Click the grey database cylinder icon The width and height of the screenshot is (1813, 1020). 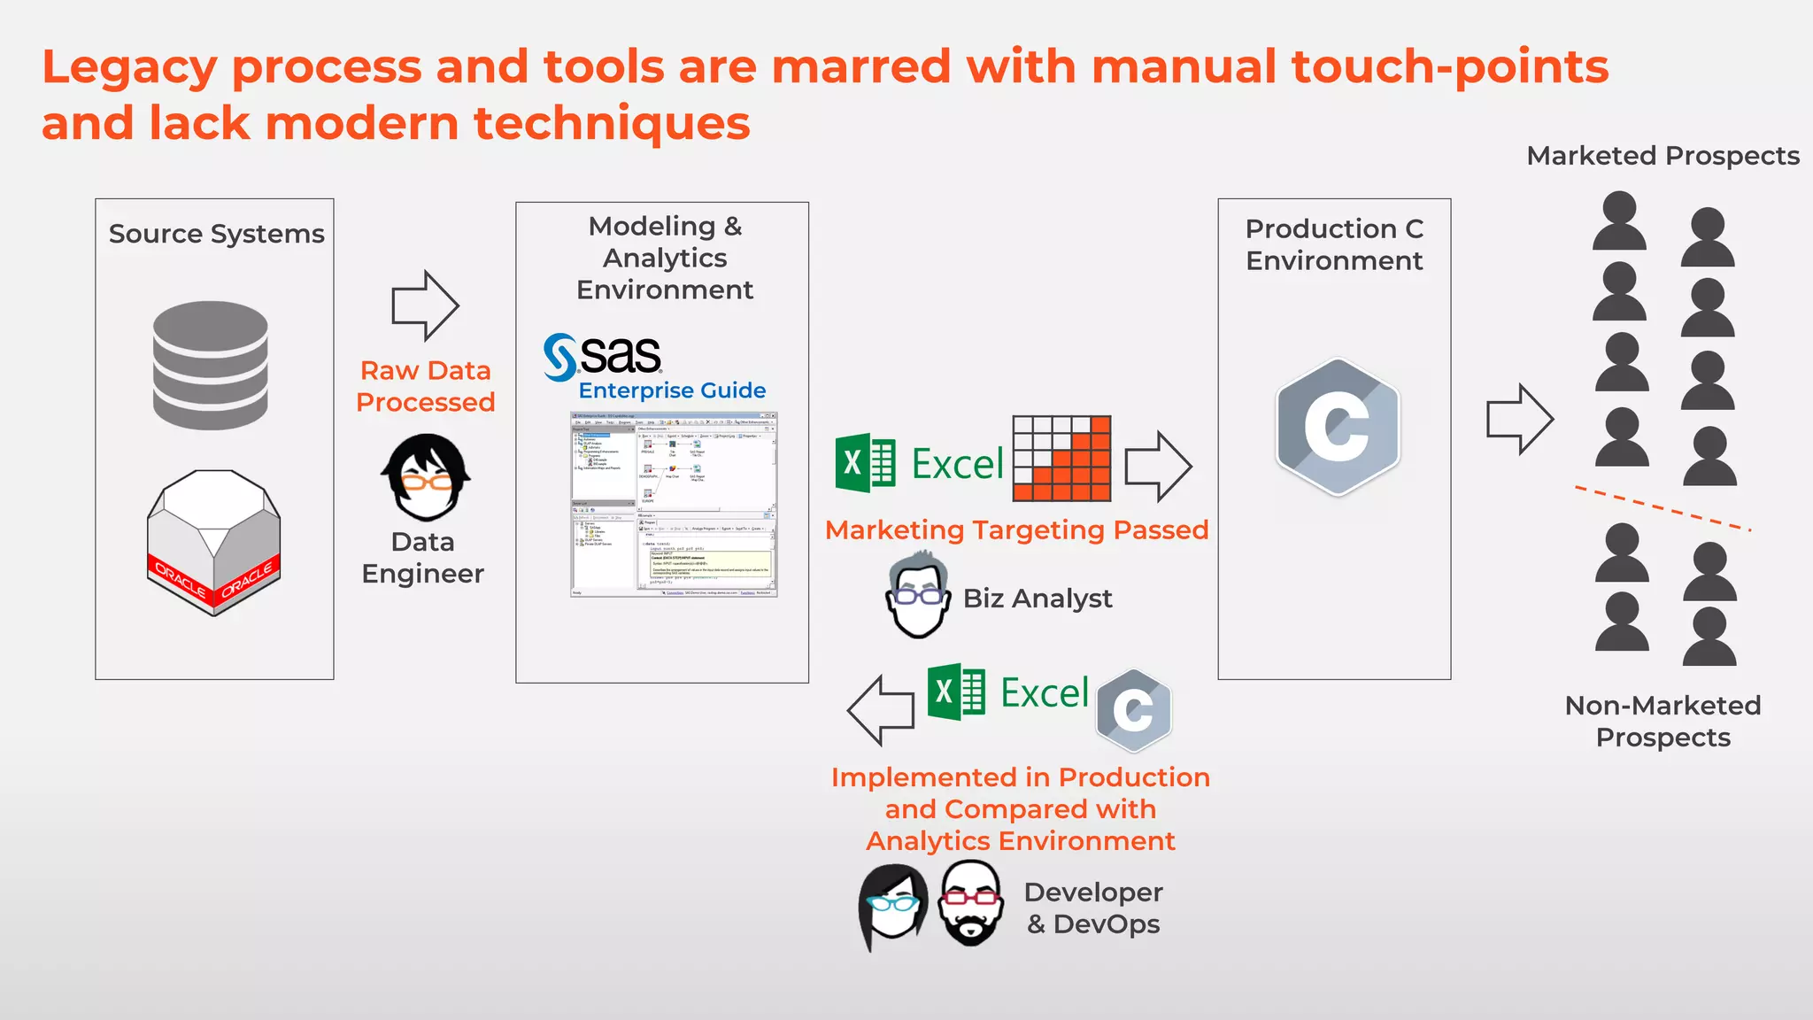pyautogui.click(x=211, y=365)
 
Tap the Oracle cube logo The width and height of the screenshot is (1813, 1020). pyautogui.click(x=213, y=542)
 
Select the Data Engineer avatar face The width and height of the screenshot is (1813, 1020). pyautogui.click(x=426, y=478)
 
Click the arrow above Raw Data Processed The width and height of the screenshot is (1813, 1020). pyautogui.click(x=425, y=305)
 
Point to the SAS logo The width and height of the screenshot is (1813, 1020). pyautogui.click(x=603, y=356)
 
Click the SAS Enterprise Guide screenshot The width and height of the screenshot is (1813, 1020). pyautogui.click(x=674, y=505)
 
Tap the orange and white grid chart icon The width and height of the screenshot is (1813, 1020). pyautogui.click(x=1061, y=459)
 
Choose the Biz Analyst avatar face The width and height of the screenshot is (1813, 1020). pyautogui.click(x=918, y=596)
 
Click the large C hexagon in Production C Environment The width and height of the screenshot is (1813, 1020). pyautogui.click(x=1337, y=427)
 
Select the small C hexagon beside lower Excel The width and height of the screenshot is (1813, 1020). pyautogui.click(x=1133, y=710)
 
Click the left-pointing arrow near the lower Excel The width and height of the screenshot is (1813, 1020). pyautogui.click(x=881, y=710)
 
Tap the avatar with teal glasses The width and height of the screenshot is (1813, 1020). pyautogui.click(x=893, y=905)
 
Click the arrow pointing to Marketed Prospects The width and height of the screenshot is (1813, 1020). pyautogui.click(x=1519, y=419)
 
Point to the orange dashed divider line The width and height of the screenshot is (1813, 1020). pyautogui.click(x=1663, y=508)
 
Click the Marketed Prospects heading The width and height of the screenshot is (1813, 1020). pyautogui.click(x=1663, y=156)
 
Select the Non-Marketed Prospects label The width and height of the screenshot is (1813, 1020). pyautogui.click(x=1663, y=721)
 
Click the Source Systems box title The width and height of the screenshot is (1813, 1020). pyautogui.click(x=216, y=234)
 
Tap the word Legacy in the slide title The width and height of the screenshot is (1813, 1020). pyautogui.click(x=129, y=67)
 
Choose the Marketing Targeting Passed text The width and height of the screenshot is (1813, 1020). pyautogui.click(x=1016, y=529)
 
